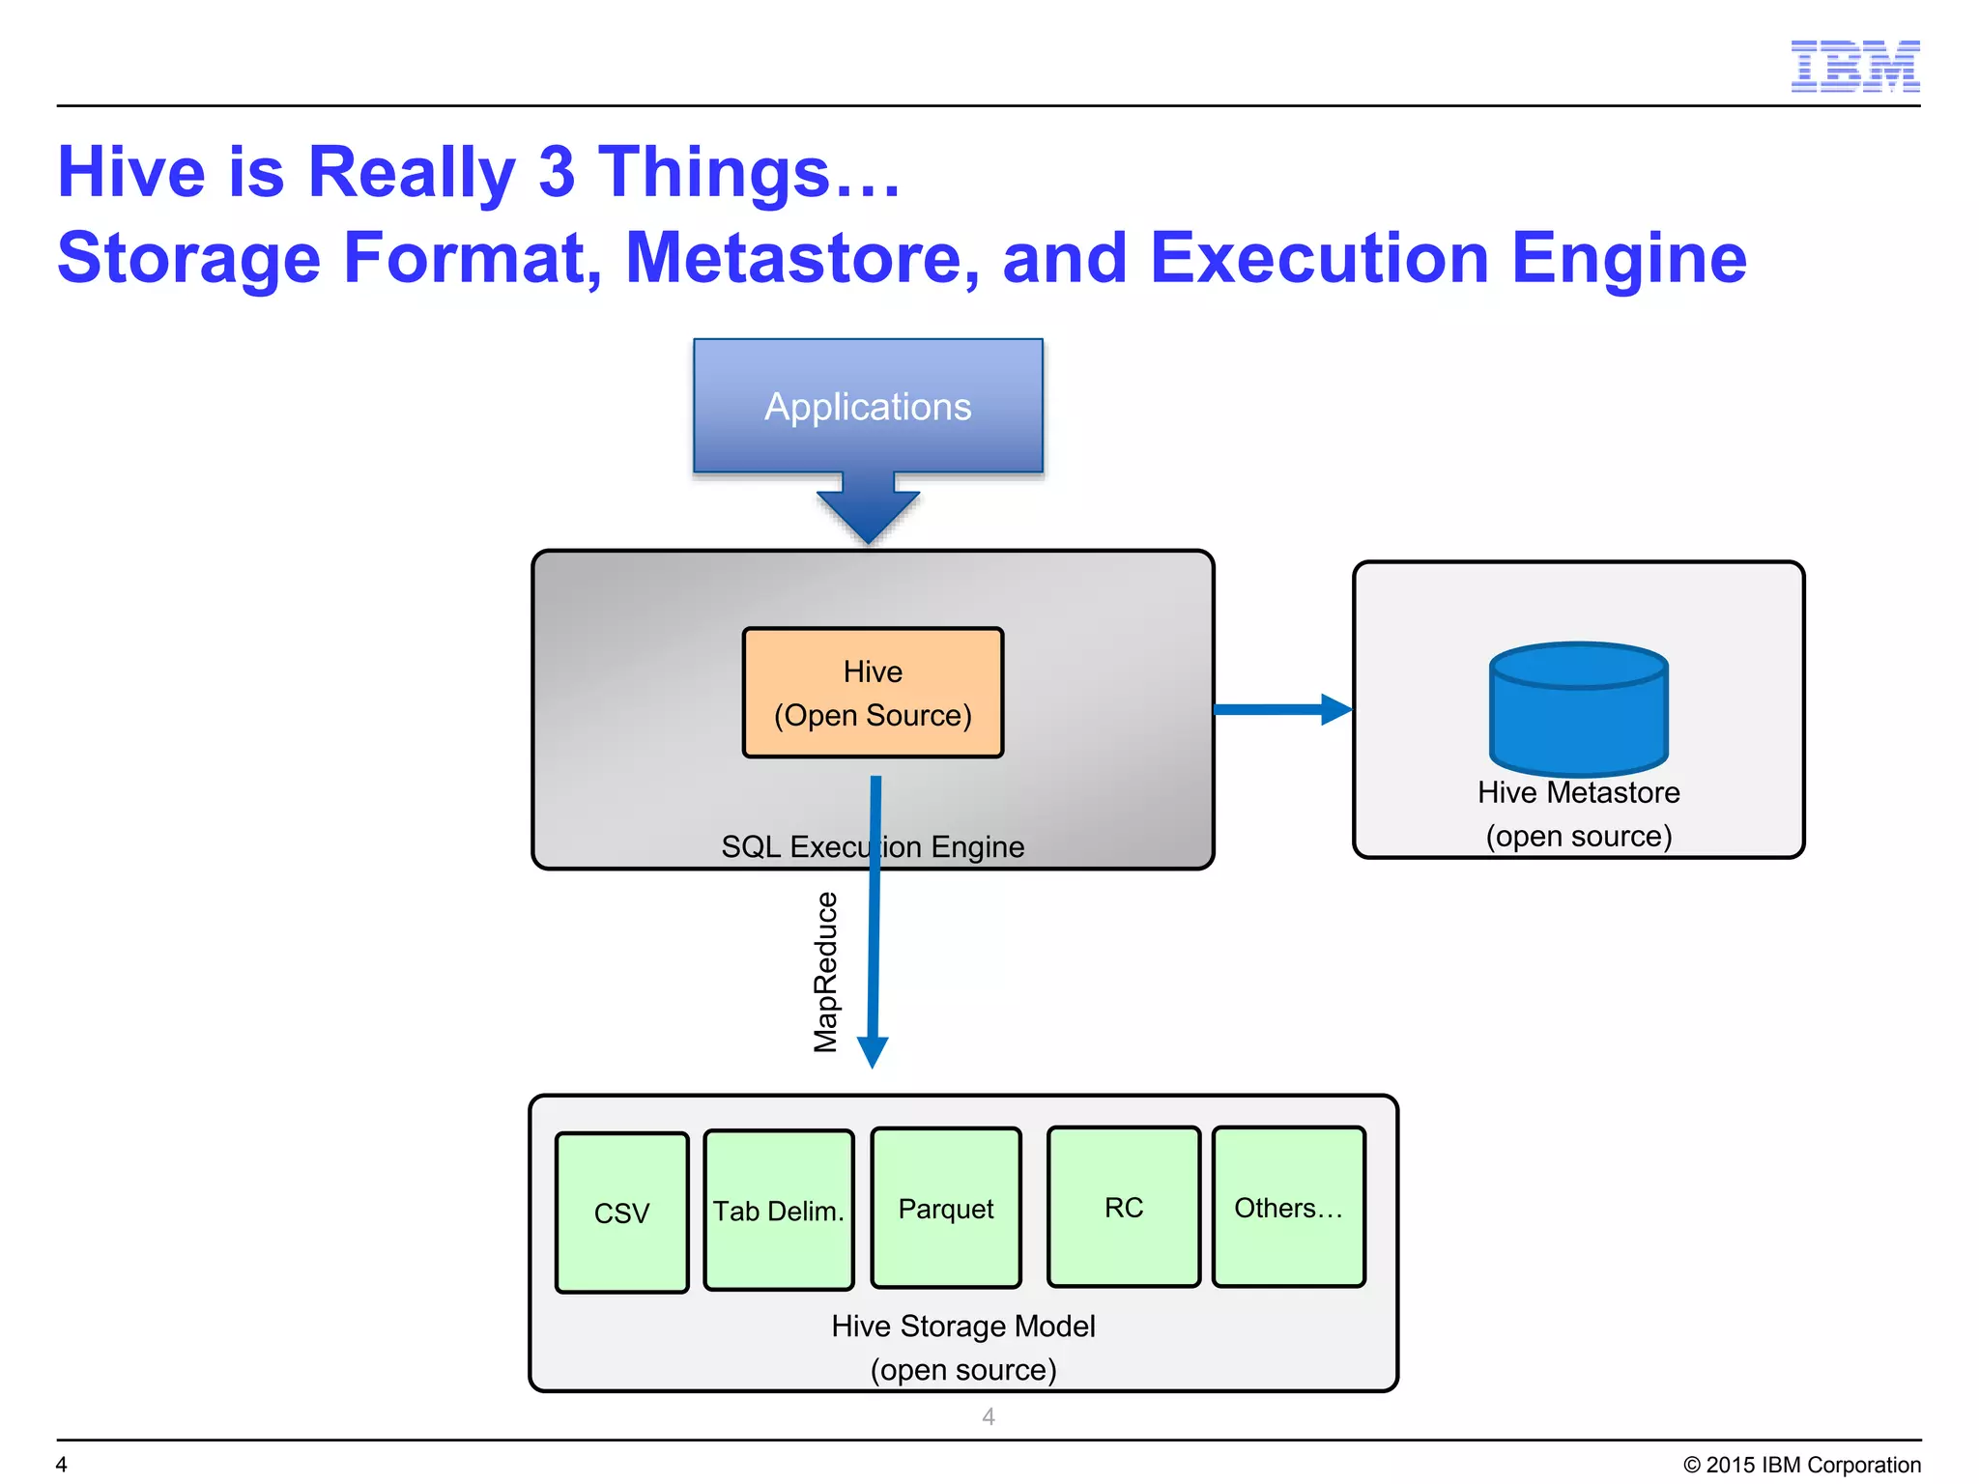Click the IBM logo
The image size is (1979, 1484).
(x=1854, y=66)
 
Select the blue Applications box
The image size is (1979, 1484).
(x=868, y=406)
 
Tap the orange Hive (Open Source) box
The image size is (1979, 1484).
(x=873, y=693)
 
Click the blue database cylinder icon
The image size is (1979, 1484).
(x=1579, y=709)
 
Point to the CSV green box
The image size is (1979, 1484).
(x=621, y=1213)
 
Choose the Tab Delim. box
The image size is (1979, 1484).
(x=779, y=1210)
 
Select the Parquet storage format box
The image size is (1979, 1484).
(x=946, y=1208)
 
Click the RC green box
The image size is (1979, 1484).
(x=1124, y=1207)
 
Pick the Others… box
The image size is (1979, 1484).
(x=1289, y=1207)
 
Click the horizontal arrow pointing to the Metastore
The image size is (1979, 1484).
(x=1280, y=709)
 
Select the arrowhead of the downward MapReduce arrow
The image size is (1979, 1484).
(x=873, y=1050)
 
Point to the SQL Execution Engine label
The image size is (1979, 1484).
(x=873, y=846)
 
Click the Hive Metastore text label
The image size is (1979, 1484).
(x=1578, y=792)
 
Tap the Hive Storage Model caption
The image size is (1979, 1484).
(x=963, y=1326)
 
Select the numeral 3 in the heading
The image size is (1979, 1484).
(x=557, y=172)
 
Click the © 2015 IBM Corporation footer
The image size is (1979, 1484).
(x=1801, y=1465)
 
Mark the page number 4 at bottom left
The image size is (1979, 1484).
(x=61, y=1465)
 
